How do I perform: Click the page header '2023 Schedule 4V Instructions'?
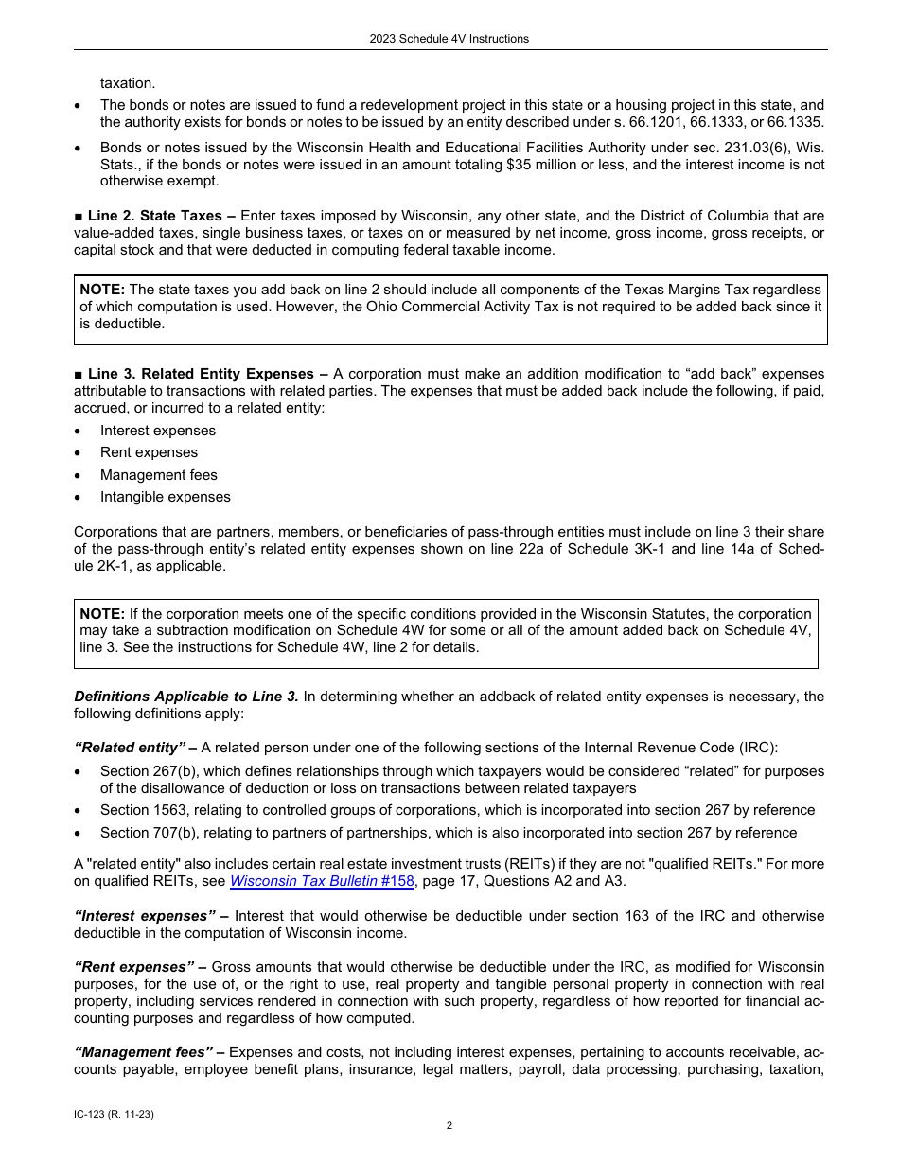click(449, 39)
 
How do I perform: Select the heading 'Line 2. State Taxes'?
click(155, 217)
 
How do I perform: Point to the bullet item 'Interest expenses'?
click(158, 431)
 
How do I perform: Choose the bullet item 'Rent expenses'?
click(149, 452)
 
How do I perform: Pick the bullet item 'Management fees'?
click(159, 475)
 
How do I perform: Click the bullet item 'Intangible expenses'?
click(166, 497)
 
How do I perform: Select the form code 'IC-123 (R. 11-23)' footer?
click(114, 1115)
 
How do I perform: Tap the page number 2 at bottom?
click(449, 1125)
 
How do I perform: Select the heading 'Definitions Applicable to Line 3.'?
click(186, 697)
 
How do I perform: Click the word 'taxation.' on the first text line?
click(128, 83)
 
